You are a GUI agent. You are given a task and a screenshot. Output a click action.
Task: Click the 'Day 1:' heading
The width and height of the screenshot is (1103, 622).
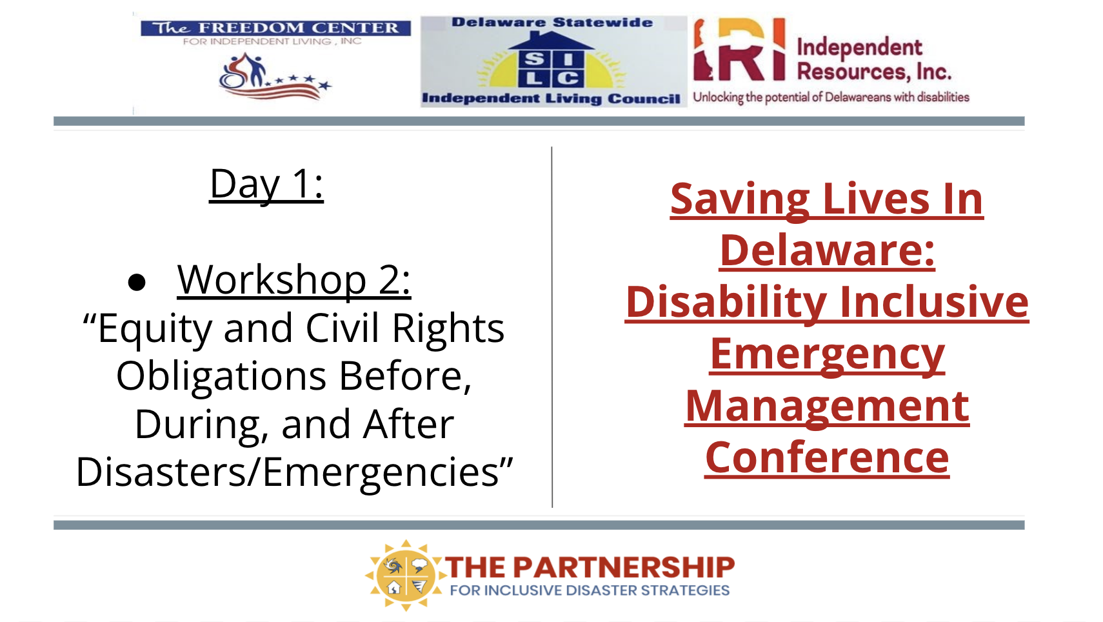266,184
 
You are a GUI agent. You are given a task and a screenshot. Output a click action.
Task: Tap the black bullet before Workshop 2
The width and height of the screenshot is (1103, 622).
136,282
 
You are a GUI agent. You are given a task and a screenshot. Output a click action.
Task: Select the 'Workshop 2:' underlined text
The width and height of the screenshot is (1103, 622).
294,280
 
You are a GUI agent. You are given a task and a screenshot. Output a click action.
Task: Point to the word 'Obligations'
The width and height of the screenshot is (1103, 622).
221,376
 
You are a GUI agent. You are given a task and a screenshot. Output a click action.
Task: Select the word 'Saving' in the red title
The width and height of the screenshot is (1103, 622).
740,200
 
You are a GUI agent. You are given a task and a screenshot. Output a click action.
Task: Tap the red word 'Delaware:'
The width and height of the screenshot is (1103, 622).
827,251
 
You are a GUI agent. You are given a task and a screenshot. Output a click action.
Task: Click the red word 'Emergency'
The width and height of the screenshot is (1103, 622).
827,356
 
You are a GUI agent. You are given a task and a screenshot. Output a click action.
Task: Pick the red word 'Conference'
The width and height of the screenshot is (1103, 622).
827,458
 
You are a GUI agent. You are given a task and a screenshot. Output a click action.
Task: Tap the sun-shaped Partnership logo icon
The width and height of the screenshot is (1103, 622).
405,575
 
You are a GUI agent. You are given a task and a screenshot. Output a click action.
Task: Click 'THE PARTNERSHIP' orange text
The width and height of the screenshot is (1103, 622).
590,567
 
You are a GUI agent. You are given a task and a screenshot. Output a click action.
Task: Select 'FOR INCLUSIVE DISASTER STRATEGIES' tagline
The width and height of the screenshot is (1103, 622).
590,590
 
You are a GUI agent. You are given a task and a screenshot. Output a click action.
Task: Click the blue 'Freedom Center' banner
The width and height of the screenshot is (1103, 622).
276,28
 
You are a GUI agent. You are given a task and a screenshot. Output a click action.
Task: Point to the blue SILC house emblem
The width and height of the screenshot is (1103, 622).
551,60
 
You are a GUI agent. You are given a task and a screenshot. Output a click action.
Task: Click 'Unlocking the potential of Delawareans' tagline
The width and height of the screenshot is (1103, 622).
831,97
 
